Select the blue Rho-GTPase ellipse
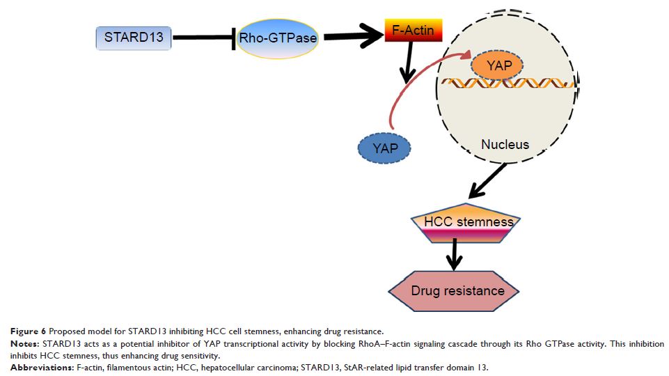[278, 39]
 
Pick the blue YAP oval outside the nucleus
[384, 148]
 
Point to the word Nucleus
[505, 145]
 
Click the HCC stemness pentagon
[460, 224]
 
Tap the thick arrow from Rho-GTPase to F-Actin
[351, 36]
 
